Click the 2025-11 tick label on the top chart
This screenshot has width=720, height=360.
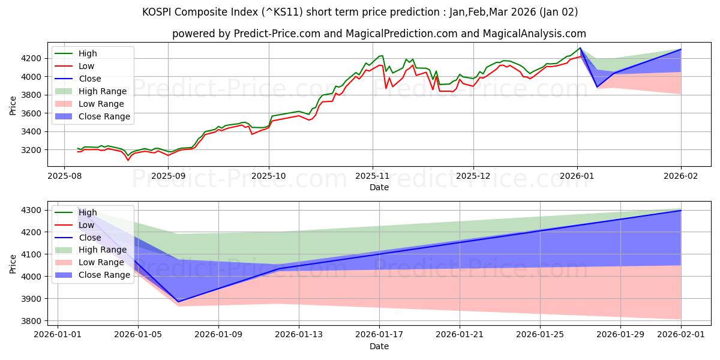pyautogui.click(x=372, y=176)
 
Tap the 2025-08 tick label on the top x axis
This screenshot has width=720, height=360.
pyautogui.click(x=65, y=176)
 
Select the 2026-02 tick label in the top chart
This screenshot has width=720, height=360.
pyautogui.click(x=681, y=176)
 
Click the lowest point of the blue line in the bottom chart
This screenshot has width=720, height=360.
pyautogui.click(x=178, y=301)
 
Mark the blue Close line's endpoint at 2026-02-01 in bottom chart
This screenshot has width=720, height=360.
pyautogui.click(x=681, y=211)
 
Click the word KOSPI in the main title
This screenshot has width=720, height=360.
pyautogui.click(x=158, y=12)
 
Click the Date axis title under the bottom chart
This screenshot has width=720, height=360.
pyautogui.click(x=379, y=346)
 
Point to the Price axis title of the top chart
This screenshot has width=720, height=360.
pyautogui.click(x=13, y=106)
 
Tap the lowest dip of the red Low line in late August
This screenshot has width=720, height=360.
pyautogui.click(x=128, y=160)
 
